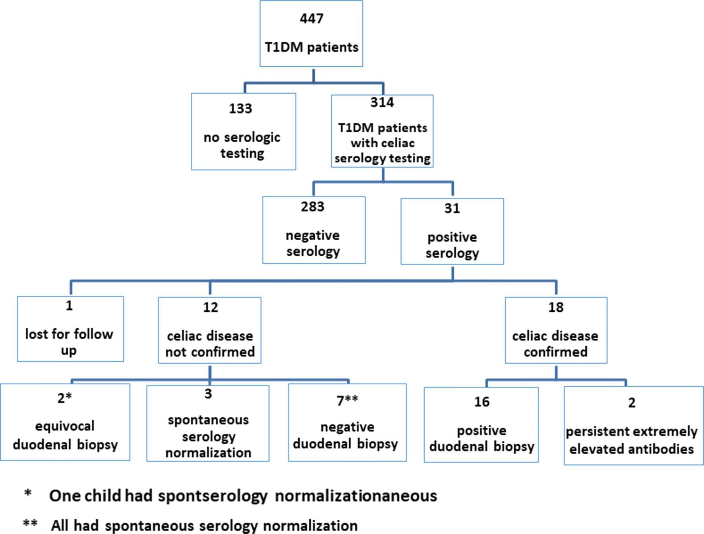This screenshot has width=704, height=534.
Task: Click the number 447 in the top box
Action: click(x=311, y=19)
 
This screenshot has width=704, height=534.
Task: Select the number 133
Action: click(x=240, y=108)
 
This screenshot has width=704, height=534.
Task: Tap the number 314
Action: click(x=382, y=102)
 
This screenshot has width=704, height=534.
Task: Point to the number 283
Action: click(x=313, y=207)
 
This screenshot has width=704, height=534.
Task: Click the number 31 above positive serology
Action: click(x=452, y=208)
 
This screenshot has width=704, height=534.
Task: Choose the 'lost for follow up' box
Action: click(x=70, y=329)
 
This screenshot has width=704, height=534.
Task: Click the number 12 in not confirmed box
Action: click(x=210, y=307)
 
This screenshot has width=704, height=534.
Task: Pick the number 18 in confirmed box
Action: click(x=556, y=307)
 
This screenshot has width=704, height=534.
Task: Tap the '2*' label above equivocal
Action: click(x=64, y=398)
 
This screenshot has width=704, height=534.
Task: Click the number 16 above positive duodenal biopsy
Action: click(x=482, y=402)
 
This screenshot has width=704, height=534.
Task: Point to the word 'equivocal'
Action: click(x=65, y=426)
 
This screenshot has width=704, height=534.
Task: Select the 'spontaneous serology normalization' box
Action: click(x=208, y=423)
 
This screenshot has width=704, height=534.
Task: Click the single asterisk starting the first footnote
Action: click(x=28, y=494)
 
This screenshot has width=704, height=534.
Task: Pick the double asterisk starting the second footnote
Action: click(x=30, y=523)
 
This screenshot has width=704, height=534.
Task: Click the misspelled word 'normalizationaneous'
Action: click(x=356, y=496)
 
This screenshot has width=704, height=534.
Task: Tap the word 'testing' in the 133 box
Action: click(x=242, y=154)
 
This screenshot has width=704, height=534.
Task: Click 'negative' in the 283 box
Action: click(x=313, y=235)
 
